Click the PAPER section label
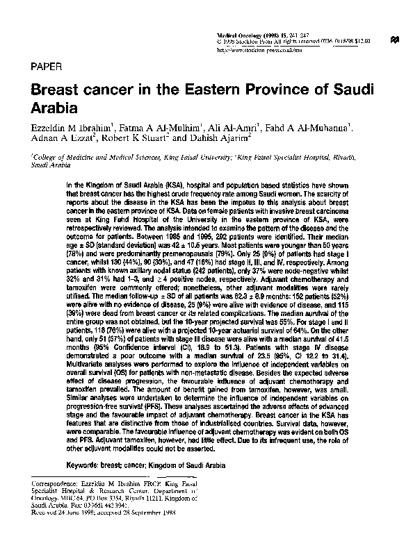tap(47, 67)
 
